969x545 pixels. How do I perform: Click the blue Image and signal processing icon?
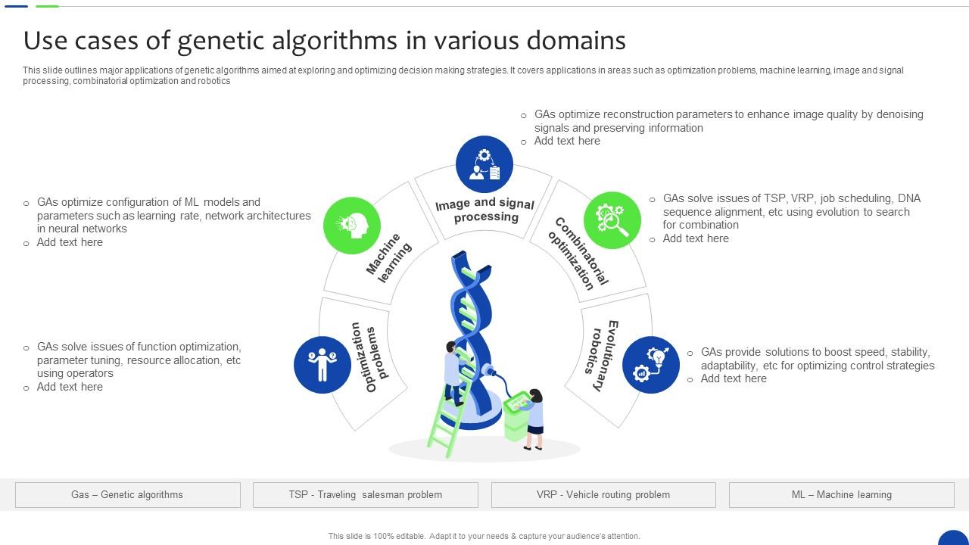(x=484, y=164)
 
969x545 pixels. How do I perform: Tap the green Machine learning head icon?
(x=352, y=225)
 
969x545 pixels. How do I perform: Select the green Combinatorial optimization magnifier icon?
(x=612, y=220)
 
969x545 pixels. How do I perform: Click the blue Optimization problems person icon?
(x=322, y=365)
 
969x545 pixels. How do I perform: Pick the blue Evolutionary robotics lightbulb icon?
(x=651, y=365)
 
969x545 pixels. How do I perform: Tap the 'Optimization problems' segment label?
(x=366, y=357)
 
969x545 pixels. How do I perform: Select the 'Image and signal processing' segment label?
(x=485, y=210)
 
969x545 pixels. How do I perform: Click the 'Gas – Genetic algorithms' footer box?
(x=127, y=495)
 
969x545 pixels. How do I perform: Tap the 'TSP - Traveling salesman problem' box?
(x=366, y=495)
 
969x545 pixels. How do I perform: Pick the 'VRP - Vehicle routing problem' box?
(x=603, y=495)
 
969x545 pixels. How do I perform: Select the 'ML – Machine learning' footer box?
(x=841, y=495)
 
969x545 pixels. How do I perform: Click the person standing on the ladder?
(x=453, y=371)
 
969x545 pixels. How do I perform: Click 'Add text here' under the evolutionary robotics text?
(x=734, y=378)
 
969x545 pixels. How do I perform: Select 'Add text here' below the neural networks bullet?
(x=70, y=242)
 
